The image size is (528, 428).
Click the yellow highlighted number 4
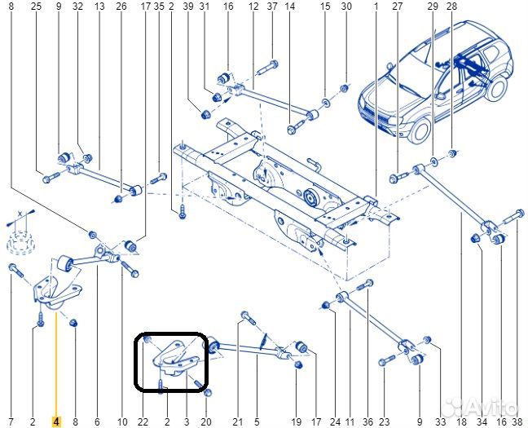(55, 421)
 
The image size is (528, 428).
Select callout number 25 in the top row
(35, 7)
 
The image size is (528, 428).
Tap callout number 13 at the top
(99, 7)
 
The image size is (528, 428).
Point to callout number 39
(187, 7)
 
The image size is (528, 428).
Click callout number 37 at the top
(272, 7)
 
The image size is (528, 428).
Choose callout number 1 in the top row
(376, 7)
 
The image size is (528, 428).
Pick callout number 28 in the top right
(452, 7)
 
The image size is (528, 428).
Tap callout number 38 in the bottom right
(517, 421)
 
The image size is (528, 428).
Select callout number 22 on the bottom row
(143, 421)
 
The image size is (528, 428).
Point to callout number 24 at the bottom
(335, 421)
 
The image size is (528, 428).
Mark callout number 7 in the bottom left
(11, 421)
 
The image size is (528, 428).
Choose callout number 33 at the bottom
(441, 421)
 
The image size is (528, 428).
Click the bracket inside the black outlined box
(174, 360)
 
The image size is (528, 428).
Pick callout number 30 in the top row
(345, 7)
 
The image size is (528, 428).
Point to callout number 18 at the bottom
(462, 421)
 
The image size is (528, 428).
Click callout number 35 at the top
(159, 7)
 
